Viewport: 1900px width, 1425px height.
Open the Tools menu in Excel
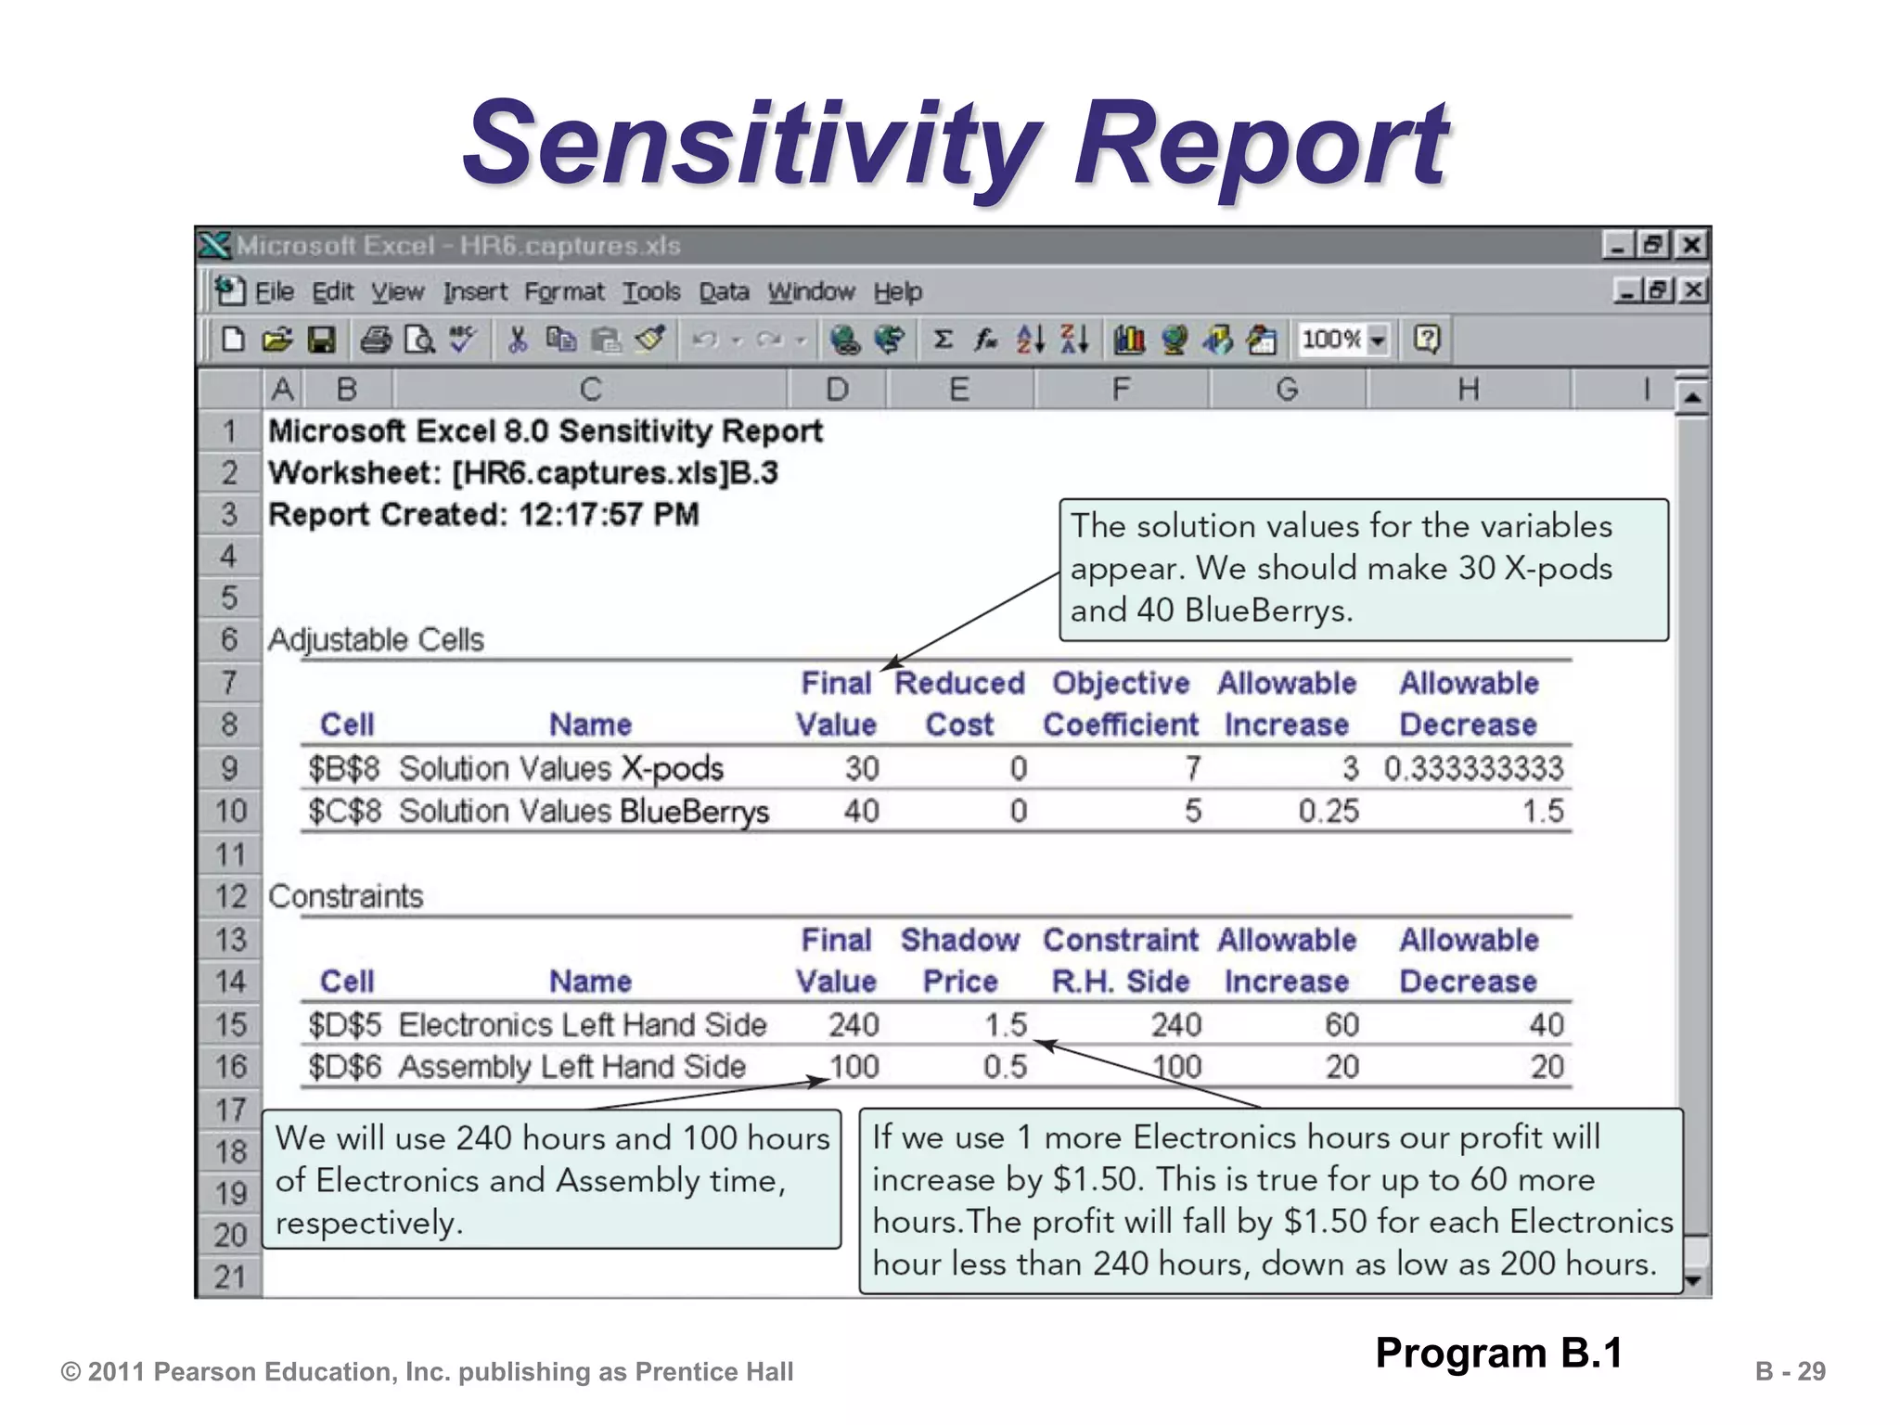(651, 292)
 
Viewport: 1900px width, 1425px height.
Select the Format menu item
(564, 292)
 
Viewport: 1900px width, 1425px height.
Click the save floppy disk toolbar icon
(321, 340)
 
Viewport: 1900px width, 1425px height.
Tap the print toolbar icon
(376, 340)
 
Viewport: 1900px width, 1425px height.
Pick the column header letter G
(1287, 390)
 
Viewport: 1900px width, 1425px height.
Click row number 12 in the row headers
(230, 897)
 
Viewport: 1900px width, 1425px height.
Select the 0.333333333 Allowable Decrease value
(1473, 769)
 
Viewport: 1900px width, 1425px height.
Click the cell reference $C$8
(345, 812)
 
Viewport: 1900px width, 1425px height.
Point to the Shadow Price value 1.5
(1006, 1025)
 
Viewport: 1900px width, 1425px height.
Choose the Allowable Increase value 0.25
(1329, 812)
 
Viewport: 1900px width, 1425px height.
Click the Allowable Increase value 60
(1342, 1025)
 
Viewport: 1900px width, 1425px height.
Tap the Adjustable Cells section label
(376, 640)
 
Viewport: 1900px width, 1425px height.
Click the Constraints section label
(345, 897)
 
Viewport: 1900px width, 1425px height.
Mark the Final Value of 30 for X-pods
(861, 769)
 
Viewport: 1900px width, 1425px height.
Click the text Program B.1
(1499, 1353)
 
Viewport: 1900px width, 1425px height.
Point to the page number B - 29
(1790, 1371)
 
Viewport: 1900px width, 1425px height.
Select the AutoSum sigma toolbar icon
(943, 340)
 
